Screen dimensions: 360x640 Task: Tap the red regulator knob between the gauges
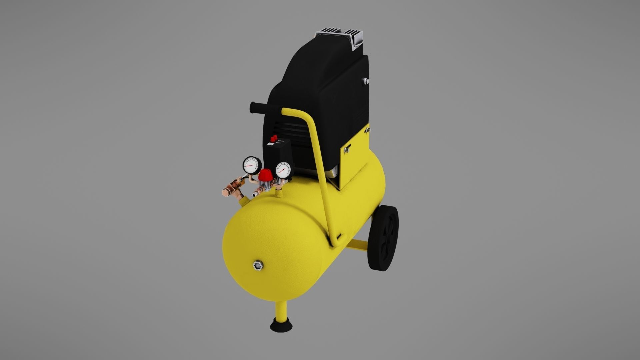(x=266, y=174)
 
